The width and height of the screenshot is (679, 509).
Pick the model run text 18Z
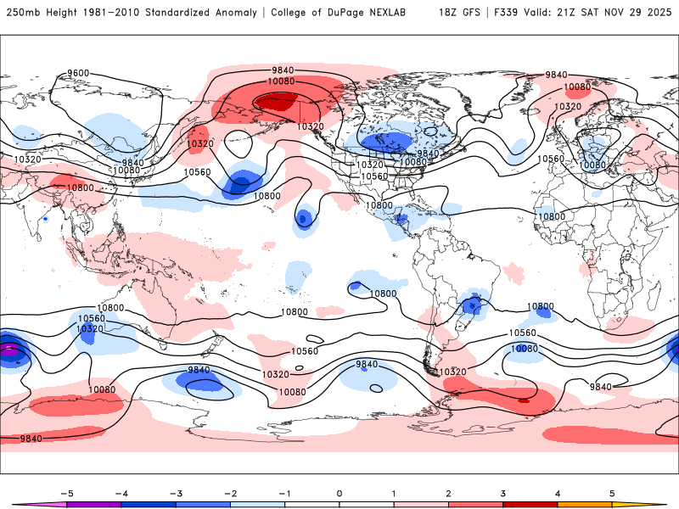449,13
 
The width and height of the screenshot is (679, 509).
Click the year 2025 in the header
658,13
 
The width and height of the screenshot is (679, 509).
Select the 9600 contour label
78,74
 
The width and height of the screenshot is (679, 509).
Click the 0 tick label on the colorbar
339,493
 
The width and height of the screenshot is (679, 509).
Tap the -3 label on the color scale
176,493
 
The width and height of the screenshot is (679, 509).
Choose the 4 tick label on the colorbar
558,493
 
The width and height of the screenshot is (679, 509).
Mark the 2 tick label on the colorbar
448,493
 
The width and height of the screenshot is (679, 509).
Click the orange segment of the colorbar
585,505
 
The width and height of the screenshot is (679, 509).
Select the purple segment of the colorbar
93,505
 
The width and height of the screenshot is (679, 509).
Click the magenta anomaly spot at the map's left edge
8,349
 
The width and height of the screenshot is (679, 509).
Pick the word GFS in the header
473,13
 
